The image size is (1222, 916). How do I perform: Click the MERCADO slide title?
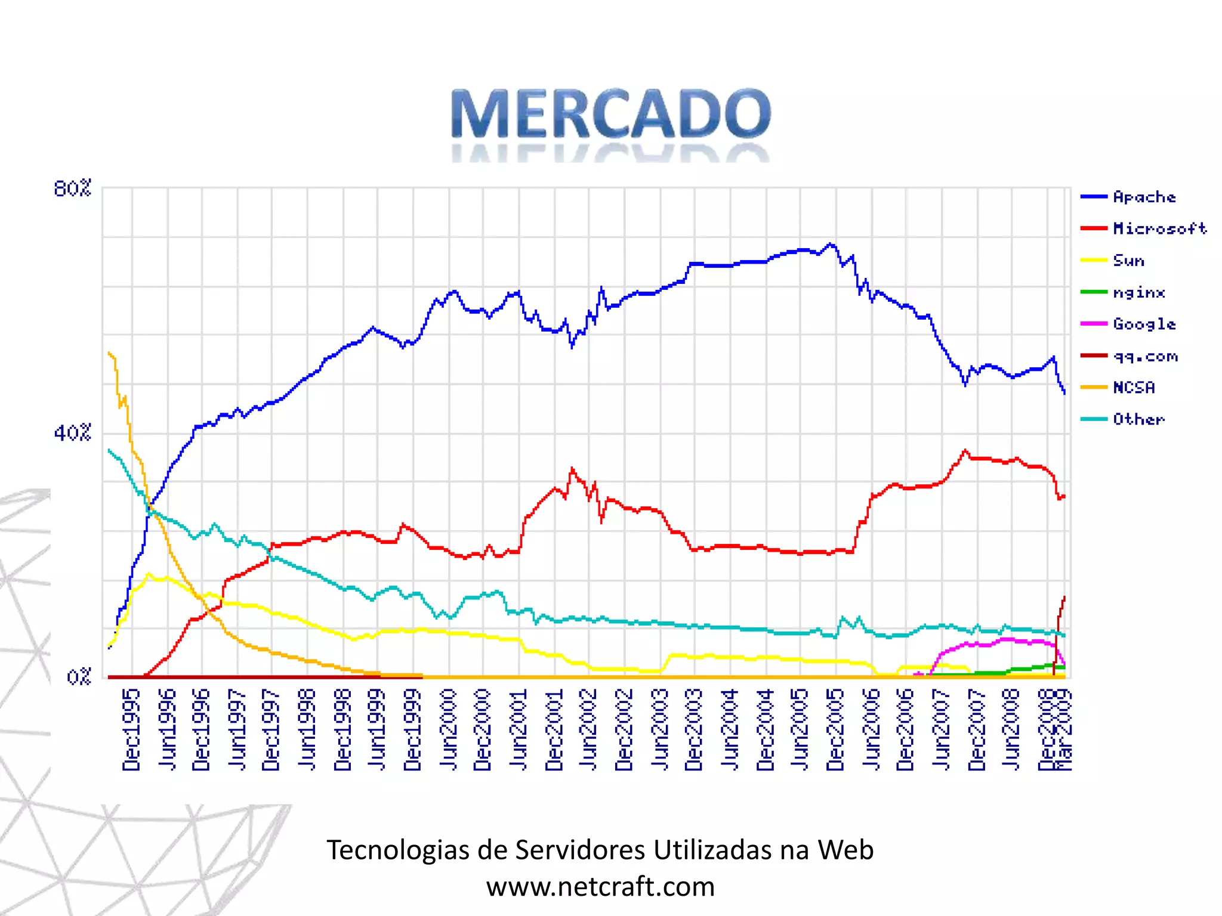[x=610, y=113]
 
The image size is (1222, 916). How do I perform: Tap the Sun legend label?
[x=1128, y=261]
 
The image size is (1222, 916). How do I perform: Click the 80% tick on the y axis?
[x=72, y=188]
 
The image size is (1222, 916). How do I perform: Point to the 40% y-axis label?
[x=72, y=432]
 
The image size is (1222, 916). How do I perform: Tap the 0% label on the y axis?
[x=78, y=677]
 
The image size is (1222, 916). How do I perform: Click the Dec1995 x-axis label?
[x=131, y=730]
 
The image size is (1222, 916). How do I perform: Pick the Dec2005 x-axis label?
[x=835, y=730]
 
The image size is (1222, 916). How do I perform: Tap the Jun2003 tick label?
[x=660, y=730]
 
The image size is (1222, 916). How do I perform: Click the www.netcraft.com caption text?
[x=600, y=887]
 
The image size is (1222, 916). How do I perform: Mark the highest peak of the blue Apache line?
[x=831, y=243]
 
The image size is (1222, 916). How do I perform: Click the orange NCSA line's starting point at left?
[x=109, y=352]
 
